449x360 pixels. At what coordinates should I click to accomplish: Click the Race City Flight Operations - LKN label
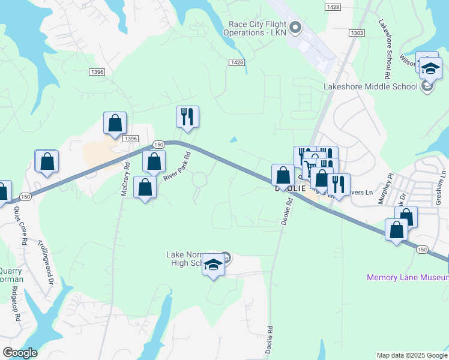tap(256, 28)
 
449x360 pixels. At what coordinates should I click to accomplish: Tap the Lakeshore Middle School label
tap(370, 86)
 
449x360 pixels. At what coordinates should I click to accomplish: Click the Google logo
tap(19, 352)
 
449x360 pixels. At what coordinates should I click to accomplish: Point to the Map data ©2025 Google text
tap(411, 355)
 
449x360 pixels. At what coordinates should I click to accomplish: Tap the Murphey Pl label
tap(384, 190)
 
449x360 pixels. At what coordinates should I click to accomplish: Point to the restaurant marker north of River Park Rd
tap(187, 116)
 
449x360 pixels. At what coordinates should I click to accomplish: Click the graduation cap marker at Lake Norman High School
tap(213, 264)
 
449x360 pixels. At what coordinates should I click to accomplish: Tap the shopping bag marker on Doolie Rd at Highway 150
tap(283, 175)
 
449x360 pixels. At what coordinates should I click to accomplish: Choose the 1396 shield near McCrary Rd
tap(131, 138)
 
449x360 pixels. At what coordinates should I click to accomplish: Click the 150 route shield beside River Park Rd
tap(158, 145)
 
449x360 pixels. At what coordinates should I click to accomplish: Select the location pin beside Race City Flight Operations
tap(295, 28)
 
